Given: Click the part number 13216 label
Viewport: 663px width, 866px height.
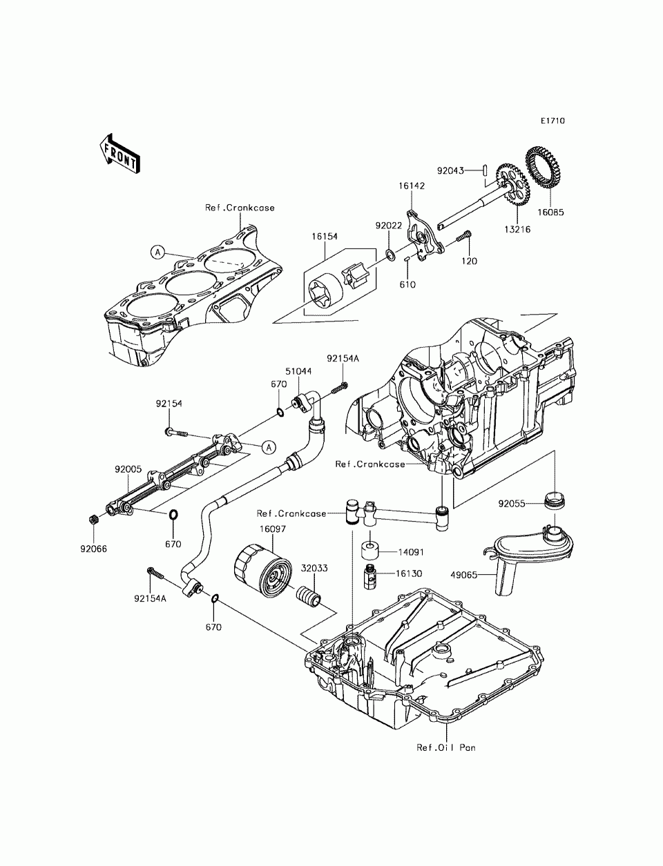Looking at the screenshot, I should [517, 229].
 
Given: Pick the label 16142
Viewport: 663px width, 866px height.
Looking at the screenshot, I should [411, 186].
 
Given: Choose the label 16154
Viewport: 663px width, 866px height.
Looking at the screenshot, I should [324, 236].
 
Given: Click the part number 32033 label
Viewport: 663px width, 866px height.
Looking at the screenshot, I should [314, 569].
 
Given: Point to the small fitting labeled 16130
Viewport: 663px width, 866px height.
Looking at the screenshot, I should [370, 574].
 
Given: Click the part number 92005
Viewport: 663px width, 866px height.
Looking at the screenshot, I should [128, 469].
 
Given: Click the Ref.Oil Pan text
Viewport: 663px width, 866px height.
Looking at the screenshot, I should [446, 747].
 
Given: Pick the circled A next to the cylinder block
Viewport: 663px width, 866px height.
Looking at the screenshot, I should [157, 253].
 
